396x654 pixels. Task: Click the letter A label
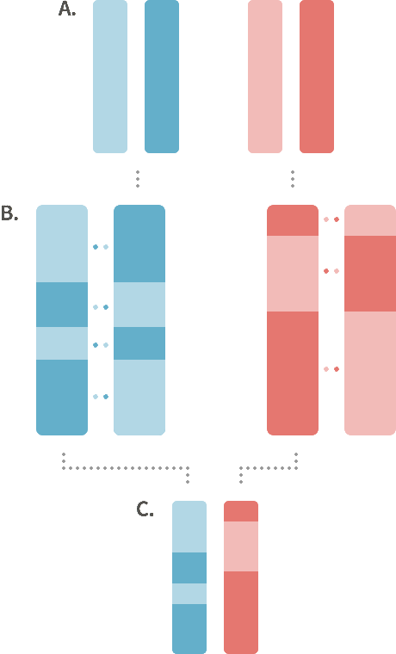[x=67, y=9]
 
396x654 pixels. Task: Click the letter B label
[x=9, y=213]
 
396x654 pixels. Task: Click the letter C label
[x=145, y=509]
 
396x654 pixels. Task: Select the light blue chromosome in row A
[x=110, y=77]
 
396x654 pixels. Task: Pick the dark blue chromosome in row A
[x=162, y=77]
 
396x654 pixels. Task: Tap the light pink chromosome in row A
[x=265, y=77]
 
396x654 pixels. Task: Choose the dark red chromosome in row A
[x=317, y=77]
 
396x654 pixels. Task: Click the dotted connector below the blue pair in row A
[x=138, y=179]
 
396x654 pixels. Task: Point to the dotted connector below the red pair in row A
[x=293, y=179]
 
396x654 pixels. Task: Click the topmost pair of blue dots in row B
[x=101, y=247]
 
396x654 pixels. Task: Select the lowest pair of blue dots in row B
[x=101, y=397]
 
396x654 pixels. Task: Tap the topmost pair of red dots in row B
[x=331, y=219]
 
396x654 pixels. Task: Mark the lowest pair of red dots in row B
[x=331, y=369]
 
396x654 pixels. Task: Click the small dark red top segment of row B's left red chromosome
[x=293, y=220]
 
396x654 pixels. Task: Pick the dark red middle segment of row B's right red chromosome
[x=370, y=274]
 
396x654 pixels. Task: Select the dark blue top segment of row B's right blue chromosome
[x=139, y=244]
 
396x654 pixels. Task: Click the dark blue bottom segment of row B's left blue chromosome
[x=62, y=398]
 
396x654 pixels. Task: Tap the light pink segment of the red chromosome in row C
[x=241, y=546]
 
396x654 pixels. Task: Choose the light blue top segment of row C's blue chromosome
[x=189, y=527]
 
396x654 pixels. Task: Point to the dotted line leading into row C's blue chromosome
[x=125, y=468]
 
